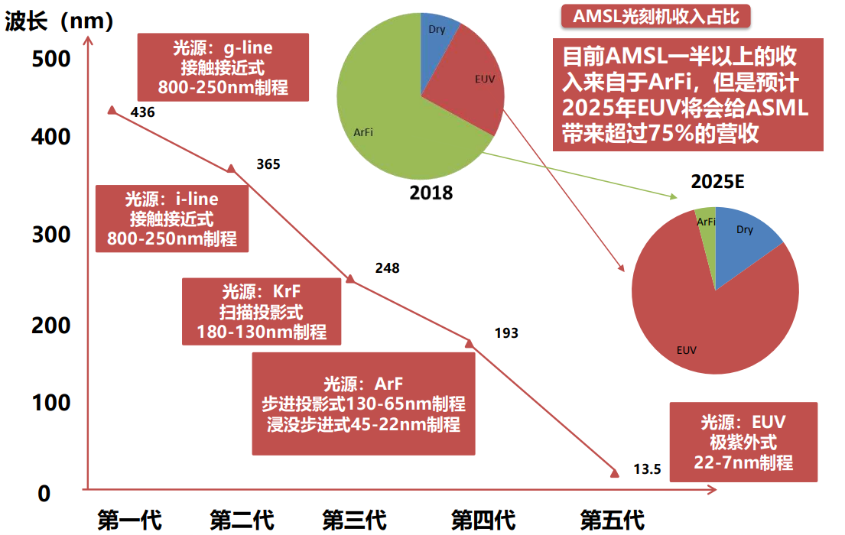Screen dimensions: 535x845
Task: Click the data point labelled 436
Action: coord(112,110)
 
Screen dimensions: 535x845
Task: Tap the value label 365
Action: coord(268,164)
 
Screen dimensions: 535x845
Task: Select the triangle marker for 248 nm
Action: coord(350,279)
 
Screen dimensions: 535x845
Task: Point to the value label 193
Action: coord(506,332)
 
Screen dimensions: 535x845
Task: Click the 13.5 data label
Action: coord(647,469)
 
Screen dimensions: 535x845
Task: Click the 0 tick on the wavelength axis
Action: coord(44,494)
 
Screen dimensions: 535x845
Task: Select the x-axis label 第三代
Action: coord(354,520)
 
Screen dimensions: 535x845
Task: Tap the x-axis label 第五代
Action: coord(612,520)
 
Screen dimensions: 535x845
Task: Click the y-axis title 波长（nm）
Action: coord(60,22)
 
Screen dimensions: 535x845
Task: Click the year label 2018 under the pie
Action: coord(431,192)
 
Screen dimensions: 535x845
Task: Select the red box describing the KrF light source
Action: coord(262,310)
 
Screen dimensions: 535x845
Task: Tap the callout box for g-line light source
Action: coord(223,67)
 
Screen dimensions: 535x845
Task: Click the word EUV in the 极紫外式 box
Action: coord(769,423)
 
